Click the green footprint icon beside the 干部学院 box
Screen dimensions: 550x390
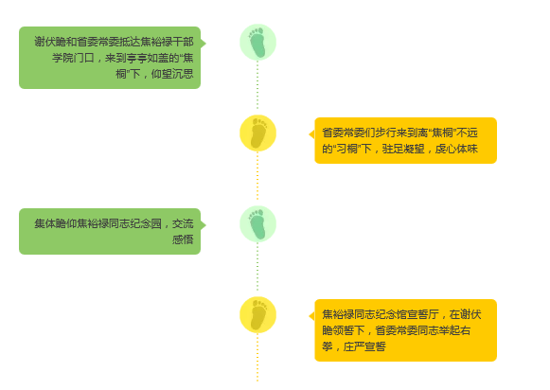(257, 42)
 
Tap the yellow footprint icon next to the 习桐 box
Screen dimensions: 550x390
(257, 133)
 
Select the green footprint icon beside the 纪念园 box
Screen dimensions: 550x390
(257, 223)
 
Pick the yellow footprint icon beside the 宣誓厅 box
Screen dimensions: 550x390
(257, 315)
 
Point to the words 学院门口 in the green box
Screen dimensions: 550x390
(73, 58)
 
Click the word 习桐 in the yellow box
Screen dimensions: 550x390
(346, 149)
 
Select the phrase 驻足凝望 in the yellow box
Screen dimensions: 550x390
(403, 149)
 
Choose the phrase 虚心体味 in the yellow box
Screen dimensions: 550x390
(456, 149)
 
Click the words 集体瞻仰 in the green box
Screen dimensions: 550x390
(56, 223)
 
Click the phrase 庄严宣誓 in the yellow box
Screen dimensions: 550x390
(364, 346)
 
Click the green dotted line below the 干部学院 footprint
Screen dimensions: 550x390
(257, 85)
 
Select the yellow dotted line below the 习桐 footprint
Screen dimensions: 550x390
(257, 176)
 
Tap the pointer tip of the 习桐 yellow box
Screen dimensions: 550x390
(309, 134)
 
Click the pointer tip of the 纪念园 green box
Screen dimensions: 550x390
(206, 225)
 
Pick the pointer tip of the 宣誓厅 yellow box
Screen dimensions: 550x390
(309, 316)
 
